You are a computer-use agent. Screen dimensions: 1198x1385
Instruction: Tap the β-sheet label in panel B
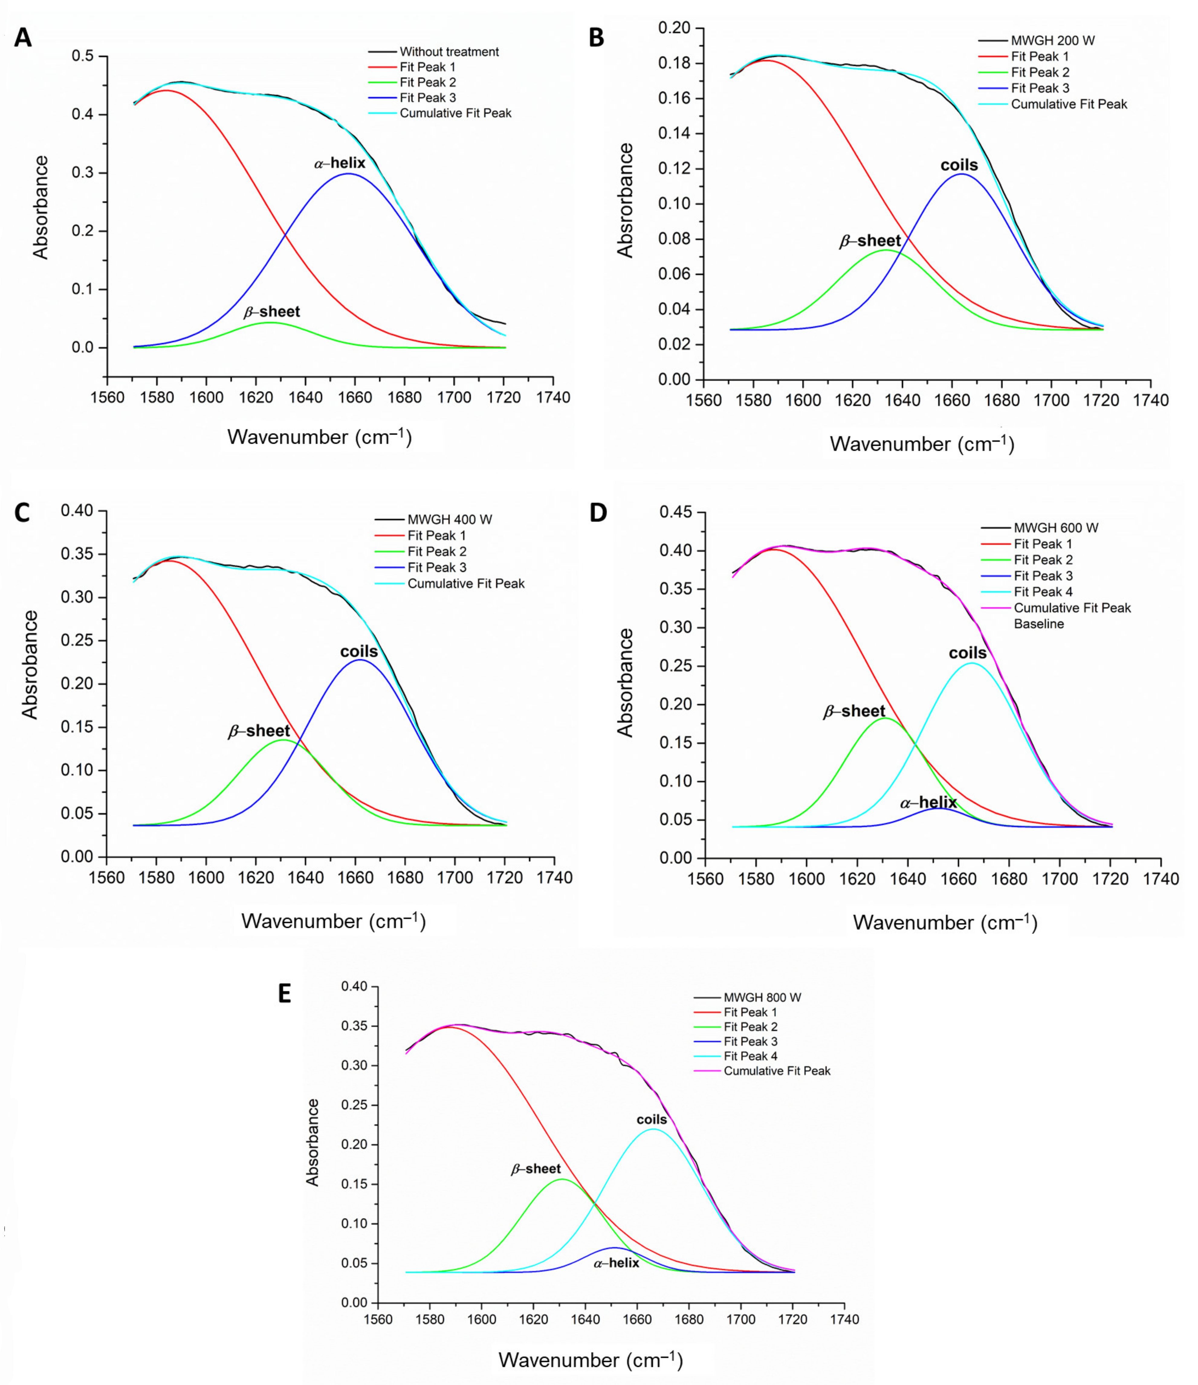[x=870, y=241]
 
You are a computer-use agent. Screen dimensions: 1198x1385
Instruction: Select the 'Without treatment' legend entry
[x=449, y=51]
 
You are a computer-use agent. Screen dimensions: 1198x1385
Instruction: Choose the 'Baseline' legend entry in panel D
[x=1039, y=624]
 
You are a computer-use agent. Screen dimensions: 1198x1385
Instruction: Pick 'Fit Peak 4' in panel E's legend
[x=750, y=1056]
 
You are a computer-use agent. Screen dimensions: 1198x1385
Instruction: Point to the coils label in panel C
[x=359, y=651]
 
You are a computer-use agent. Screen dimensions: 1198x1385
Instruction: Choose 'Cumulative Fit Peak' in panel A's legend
[x=456, y=113]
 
